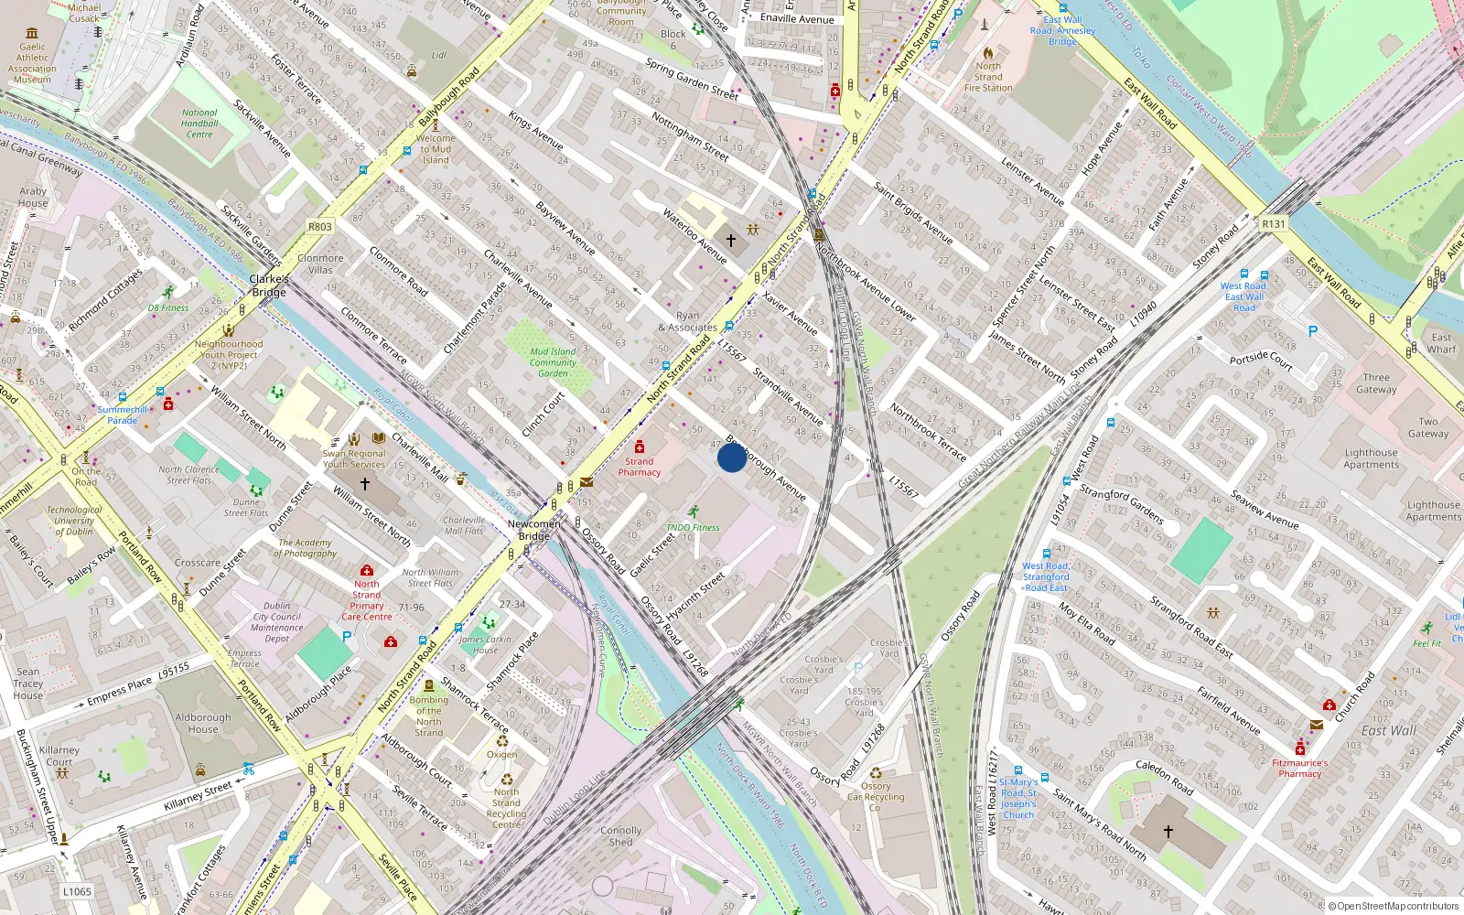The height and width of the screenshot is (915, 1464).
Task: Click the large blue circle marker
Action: tap(731, 457)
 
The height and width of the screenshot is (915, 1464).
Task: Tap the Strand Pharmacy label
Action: tap(639, 467)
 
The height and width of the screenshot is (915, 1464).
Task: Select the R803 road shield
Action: tap(320, 226)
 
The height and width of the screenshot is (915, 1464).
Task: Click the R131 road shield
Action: tap(1273, 223)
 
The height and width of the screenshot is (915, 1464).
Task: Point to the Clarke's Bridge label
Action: tap(269, 285)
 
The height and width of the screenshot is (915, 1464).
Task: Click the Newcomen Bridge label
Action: tap(533, 530)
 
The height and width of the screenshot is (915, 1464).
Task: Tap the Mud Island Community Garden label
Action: tap(553, 362)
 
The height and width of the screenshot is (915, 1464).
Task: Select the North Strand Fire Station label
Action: tap(988, 77)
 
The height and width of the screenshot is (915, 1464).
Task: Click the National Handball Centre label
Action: tap(199, 124)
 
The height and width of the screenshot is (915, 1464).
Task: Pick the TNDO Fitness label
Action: tap(693, 527)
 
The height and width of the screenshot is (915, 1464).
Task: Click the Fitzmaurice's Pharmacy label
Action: tap(1299, 768)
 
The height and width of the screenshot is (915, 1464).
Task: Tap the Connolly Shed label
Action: tap(620, 836)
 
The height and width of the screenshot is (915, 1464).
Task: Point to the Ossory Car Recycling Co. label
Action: tap(876, 797)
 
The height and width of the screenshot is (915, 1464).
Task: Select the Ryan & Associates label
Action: tap(687, 321)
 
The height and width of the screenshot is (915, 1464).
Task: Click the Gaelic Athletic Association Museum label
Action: tap(32, 63)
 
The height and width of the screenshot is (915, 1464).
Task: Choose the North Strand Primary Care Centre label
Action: tap(366, 600)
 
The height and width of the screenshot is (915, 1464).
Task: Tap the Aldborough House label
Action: tap(203, 723)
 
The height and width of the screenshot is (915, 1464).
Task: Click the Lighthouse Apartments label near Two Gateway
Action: tap(1371, 458)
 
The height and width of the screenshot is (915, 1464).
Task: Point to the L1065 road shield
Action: tap(77, 891)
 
